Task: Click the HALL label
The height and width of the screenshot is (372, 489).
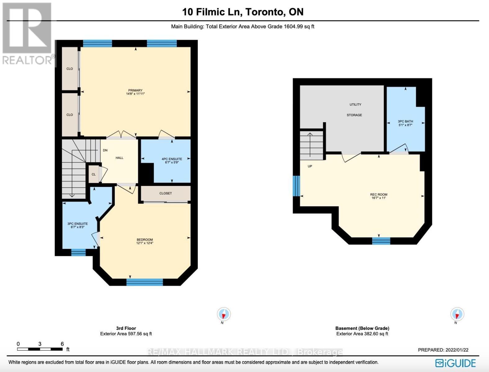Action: (x=119, y=158)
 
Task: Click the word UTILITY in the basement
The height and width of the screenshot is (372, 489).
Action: (x=355, y=104)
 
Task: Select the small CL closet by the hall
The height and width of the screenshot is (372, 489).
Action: (x=94, y=174)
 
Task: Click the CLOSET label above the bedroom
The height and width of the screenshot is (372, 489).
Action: (x=166, y=193)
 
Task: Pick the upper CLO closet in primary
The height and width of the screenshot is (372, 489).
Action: (x=70, y=69)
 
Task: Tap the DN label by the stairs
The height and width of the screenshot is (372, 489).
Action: (x=105, y=150)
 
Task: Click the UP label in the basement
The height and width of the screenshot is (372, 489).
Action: (x=310, y=166)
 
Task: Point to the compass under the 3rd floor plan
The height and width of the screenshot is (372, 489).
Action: (x=223, y=314)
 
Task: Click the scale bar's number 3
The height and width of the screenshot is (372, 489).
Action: (x=40, y=344)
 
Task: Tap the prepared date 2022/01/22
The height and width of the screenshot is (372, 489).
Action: (x=457, y=350)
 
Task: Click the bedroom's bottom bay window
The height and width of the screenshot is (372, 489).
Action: (x=144, y=282)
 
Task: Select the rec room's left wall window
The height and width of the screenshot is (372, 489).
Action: (x=297, y=186)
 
